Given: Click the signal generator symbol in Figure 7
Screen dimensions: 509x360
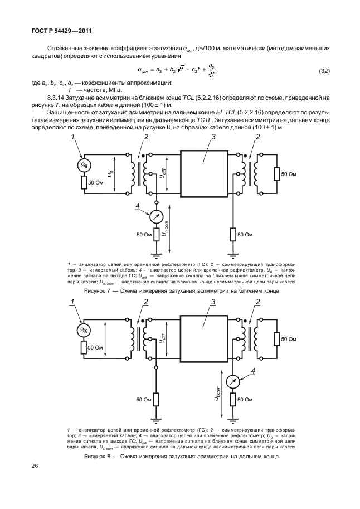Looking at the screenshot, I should point(85,166).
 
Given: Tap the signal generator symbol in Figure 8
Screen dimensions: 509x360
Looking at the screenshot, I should point(85,331).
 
